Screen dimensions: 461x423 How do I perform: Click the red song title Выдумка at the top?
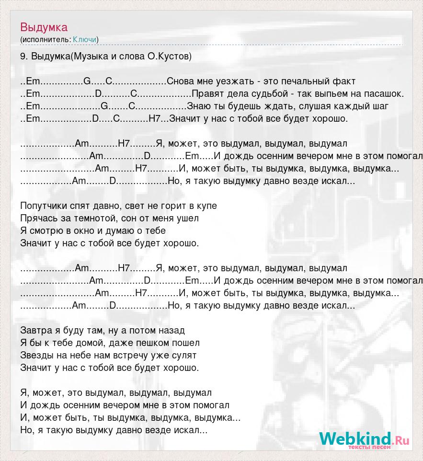tap(44, 27)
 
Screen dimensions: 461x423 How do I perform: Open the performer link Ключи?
tap(85, 39)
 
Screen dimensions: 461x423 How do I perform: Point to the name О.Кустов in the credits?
tap(169, 57)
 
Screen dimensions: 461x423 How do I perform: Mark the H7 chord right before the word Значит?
tap(155, 119)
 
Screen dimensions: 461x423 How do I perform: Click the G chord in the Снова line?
tap(87, 81)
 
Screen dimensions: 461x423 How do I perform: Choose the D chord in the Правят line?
tap(98, 94)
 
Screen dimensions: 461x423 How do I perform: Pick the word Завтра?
tap(35, 331)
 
